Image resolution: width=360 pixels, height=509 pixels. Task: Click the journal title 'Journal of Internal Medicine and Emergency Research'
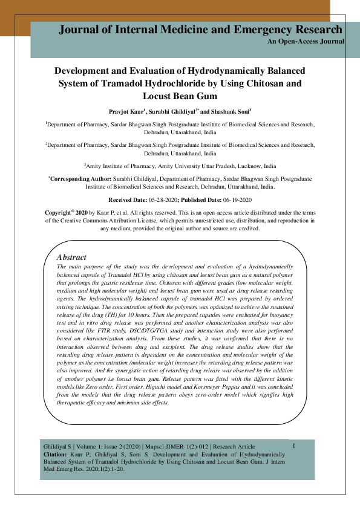coord(200,30)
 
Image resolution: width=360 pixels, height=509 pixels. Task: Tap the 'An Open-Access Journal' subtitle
coord(306,42)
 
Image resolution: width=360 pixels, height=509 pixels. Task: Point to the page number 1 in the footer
coord(293,446)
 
